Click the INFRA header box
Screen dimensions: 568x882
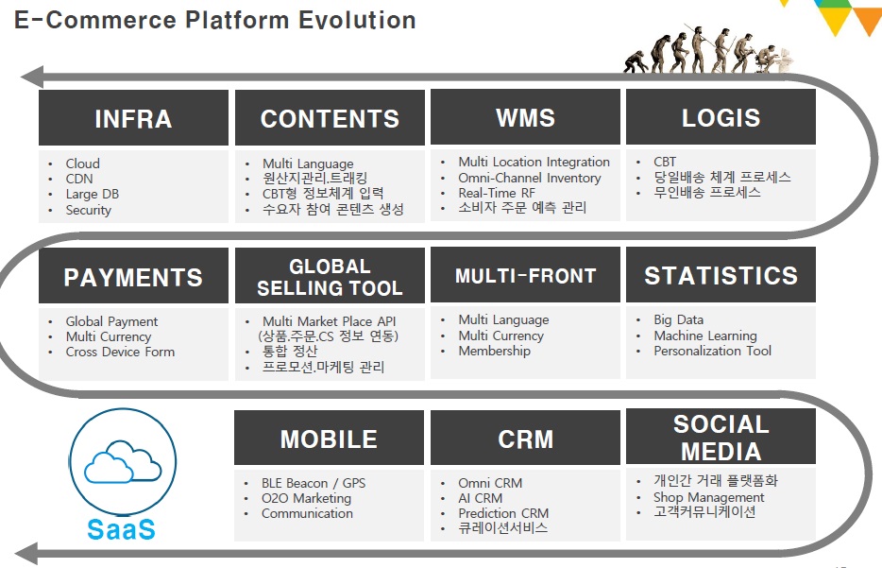click(x=133, y=118)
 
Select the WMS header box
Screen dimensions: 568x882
click(x=525, y=117)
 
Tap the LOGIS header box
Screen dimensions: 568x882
click(x=721, y=117)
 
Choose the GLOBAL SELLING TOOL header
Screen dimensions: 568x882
click(x=330, y=276)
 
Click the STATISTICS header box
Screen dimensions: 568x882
click(x=721, y=275)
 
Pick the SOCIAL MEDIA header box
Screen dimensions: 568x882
click(x=721, y=437)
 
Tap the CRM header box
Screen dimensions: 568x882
click(x=525, y=439)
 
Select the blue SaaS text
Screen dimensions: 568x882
click(x=121, y=529)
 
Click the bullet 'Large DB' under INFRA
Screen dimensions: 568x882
click(x=92, y=195)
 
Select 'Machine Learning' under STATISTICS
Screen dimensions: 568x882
click(x=704, y=336)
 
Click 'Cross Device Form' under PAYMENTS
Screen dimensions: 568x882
click(x=120, y=352)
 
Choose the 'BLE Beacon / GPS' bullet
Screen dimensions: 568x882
click(x=314, y=483)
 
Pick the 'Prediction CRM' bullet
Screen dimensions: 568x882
click(x=503, y=513)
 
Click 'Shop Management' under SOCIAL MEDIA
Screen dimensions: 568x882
click(x=708, y=497)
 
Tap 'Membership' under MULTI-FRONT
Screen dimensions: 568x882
click(x=494, y=351)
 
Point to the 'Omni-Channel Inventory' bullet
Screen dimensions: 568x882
click(x=529, y=178)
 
